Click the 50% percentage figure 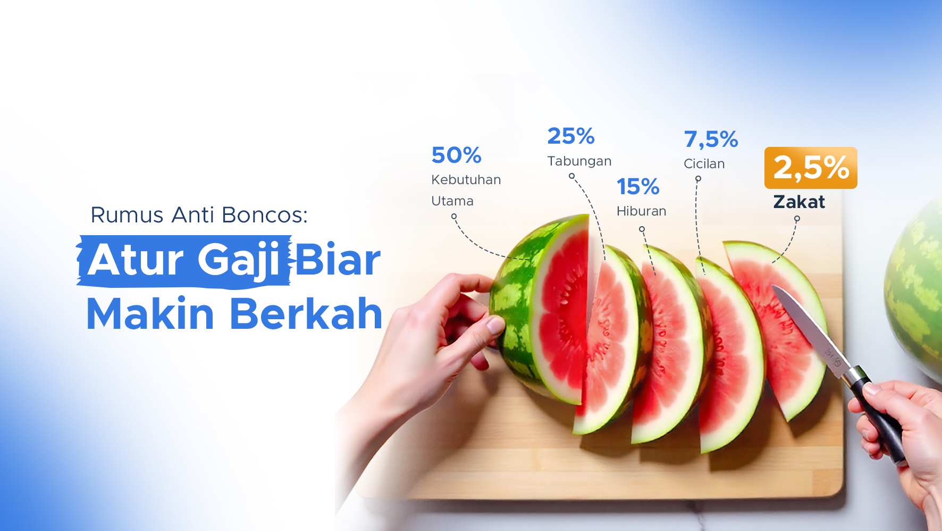457,155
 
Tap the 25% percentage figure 571,136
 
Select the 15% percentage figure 638,187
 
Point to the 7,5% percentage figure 711,139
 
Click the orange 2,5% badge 811,168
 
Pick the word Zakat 799,202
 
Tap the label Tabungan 579,161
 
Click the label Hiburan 641,211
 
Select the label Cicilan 704,164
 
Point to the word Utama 452,201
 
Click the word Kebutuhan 466,180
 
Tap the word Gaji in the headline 239,261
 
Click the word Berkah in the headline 306,314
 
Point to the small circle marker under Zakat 797,219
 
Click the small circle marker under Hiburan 642,229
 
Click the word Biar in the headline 338,261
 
